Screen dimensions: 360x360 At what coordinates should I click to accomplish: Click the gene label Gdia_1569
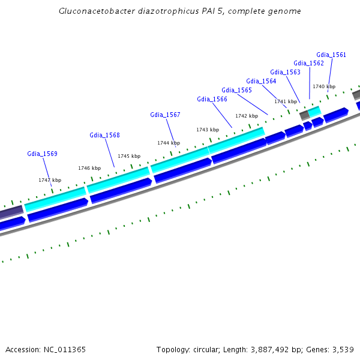point(42,154)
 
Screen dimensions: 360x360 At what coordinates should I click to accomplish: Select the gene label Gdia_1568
point(104,135)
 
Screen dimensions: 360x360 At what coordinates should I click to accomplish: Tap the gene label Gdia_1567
point(165,115)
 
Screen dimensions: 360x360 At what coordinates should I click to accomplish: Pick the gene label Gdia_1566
point(212,99)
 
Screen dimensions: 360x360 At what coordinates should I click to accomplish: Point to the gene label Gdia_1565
point(236,90)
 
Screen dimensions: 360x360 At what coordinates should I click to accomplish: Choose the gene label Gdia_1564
point(261,81)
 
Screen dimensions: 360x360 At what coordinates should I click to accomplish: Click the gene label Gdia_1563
point(285,72)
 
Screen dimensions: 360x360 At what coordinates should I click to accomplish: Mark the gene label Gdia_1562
point(308,63)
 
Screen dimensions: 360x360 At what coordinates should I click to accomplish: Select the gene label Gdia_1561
point(331,55)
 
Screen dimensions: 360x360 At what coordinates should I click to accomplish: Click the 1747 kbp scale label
point(50,180)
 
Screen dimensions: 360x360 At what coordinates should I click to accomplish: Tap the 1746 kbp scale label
point(89,168)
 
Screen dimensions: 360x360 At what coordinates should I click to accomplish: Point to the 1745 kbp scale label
point(129,156)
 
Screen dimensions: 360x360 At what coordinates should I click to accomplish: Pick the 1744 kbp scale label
point(169,143)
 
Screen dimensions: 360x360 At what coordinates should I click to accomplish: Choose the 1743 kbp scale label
point(208,130)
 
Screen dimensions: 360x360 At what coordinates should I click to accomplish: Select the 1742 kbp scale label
point(247,116)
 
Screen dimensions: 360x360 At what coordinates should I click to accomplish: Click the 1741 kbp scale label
point(286,101)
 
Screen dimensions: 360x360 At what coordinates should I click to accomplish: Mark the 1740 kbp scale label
point(324,86)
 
